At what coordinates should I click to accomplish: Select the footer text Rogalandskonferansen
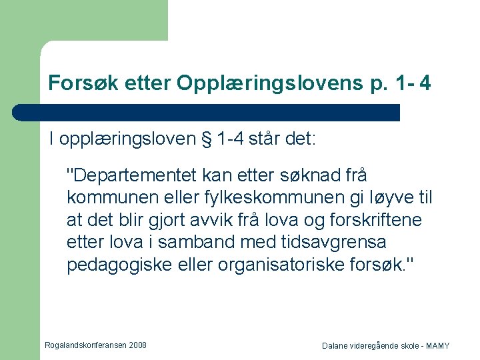tap(84, 345)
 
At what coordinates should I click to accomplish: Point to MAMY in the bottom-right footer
tap(437, 346)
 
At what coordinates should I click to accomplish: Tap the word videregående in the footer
tap(371, 346)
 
